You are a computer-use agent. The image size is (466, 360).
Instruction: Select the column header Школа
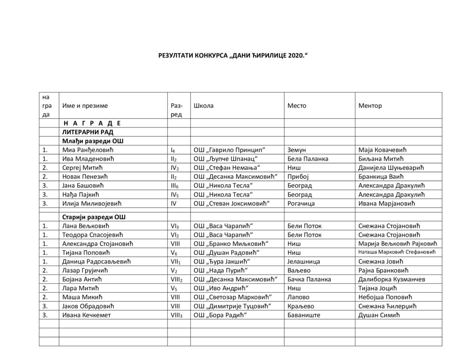coord(203,106)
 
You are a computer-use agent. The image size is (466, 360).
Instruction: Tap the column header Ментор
coord(370,106)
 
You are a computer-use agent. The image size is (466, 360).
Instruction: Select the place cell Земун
coord(298,150)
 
